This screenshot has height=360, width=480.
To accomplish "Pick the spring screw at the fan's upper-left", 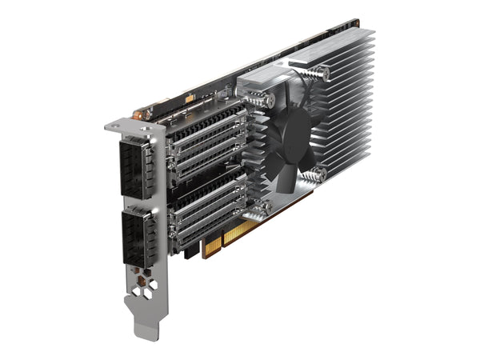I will (x=260, y=99).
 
